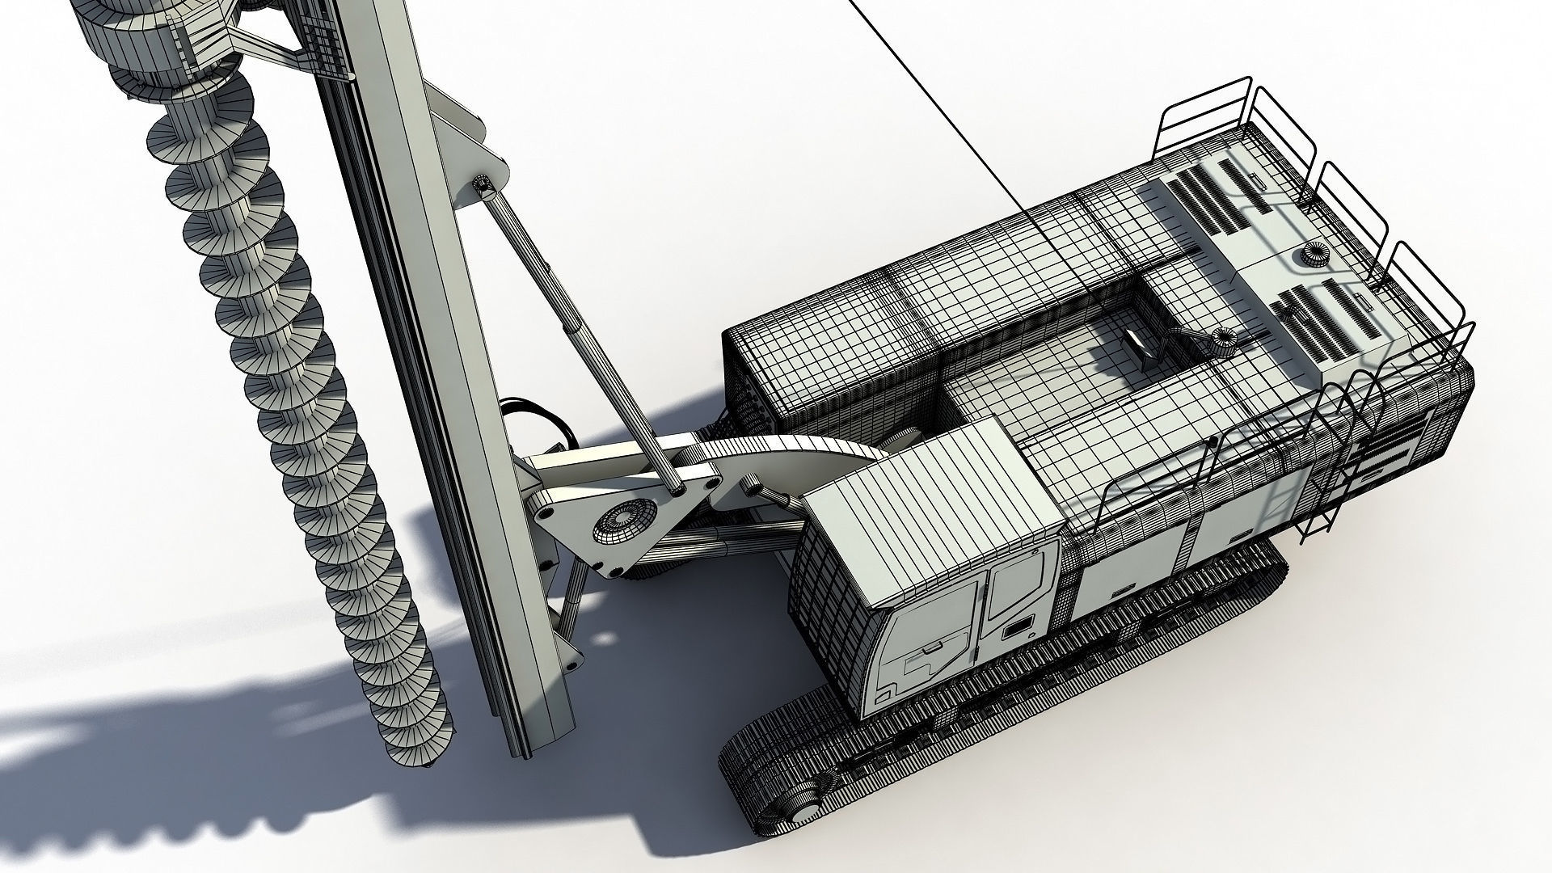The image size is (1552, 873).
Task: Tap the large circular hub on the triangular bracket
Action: pyautogui.click(x=622, y=522)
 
